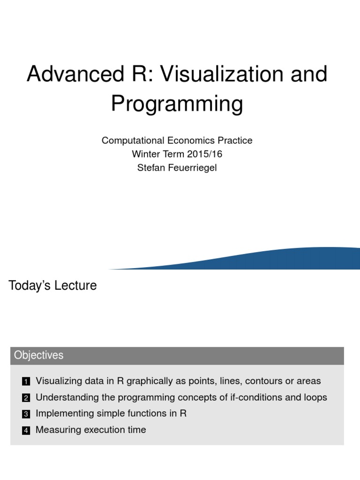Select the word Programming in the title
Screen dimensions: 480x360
point(177,104)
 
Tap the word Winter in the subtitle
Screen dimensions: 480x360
point(146,154)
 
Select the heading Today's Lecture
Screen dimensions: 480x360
point(52,285)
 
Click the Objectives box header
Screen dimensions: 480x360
point(38,356)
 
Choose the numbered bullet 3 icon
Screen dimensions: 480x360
point(26,414)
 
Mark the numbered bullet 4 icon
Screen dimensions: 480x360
point(26,431)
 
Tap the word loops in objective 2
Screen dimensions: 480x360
point(315,397)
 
